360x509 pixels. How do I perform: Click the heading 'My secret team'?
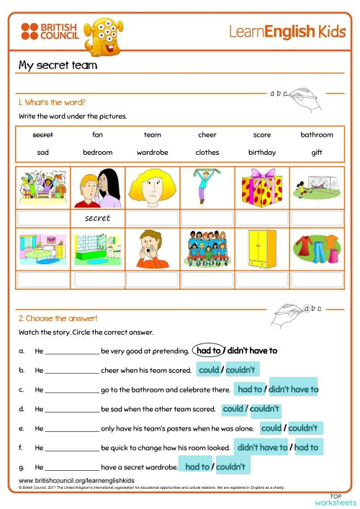(x=58, y=66)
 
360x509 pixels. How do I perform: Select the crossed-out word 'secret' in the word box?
(x=42, y=135)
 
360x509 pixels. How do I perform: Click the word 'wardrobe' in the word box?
(x=152, y=153)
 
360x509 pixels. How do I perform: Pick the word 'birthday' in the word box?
(x=262, y=153)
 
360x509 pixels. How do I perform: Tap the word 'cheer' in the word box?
(x=207, y=135)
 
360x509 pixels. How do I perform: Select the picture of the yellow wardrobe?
(x=261, y=248)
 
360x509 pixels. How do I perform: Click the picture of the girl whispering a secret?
(x=97, y=187)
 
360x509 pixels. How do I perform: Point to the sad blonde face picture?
(x=152, y=187)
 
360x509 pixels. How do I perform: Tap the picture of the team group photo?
(x=207, y=248)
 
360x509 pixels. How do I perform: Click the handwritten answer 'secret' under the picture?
(x=97, y=218)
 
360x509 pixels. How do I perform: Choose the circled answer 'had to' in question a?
(x=209, y=351)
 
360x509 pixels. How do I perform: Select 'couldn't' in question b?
(x=241, y=370)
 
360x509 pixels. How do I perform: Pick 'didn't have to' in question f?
(x=262, y=448)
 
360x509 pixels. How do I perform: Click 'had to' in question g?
(x=197, y=467)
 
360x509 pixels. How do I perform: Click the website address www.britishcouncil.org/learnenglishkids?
(x=76, y=480)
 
